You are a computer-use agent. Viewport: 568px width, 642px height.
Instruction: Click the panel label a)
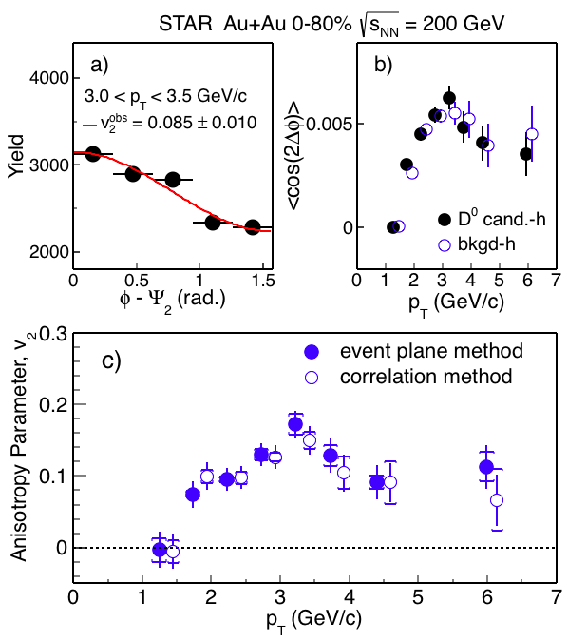[100, 65]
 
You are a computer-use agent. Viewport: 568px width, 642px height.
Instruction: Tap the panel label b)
[383, 65]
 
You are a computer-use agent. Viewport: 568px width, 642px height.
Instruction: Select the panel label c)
[111, 361]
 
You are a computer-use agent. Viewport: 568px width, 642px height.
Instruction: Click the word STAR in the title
[185, 24]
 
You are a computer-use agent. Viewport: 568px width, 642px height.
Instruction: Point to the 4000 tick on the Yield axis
[49, 77]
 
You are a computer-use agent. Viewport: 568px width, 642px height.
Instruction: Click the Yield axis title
[16, 156]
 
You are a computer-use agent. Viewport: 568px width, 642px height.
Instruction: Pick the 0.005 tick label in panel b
[330, 124]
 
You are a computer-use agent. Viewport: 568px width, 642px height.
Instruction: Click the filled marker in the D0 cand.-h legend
[445, 220]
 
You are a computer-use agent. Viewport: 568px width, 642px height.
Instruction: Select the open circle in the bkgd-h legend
[445, 244]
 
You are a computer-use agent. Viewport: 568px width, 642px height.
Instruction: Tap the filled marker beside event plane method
[312, 352]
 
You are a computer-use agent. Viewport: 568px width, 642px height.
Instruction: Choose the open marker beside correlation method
[312, 377]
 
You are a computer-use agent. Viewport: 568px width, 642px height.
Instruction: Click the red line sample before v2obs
[89, 125]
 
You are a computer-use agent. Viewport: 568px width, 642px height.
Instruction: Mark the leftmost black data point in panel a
[93, 154]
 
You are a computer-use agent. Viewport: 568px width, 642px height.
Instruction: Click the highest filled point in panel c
[295, 424]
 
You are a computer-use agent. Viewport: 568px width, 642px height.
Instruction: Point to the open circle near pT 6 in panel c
[497, 500]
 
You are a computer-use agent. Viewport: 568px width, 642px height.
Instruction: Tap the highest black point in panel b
[449, 98]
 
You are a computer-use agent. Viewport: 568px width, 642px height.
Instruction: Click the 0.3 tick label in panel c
[53, 334]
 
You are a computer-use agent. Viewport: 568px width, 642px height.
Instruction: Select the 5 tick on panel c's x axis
[418, 597]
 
